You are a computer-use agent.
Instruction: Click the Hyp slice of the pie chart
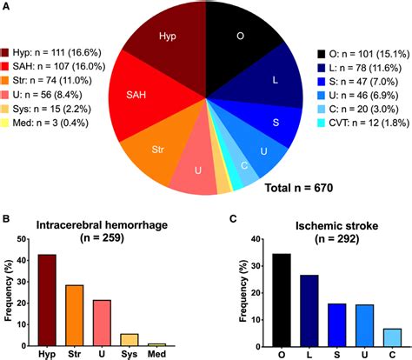tap(167, 43)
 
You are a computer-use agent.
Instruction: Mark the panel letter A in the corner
tap(7, 7)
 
